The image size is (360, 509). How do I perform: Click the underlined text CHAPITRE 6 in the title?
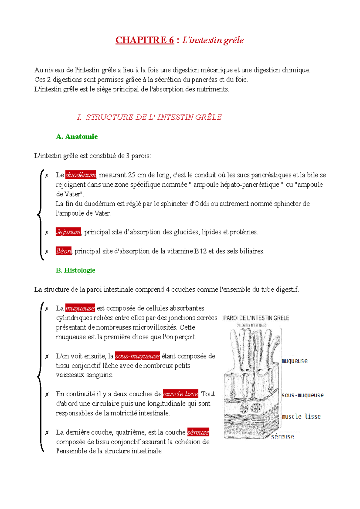pos(145,40)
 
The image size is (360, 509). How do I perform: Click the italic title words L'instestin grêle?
pos(213,40)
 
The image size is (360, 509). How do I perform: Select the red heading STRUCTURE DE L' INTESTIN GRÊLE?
pos(154,117)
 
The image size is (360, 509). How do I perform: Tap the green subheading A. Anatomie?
pos(77,137)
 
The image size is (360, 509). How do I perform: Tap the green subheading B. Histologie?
pos(75,270)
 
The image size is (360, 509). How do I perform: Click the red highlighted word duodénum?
pos(81,175)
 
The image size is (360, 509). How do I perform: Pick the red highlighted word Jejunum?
pos(68,232)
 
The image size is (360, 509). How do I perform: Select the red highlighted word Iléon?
pos(64,251)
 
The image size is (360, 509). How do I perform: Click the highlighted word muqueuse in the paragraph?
pos(80,308)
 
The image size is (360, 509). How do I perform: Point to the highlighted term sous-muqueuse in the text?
pos(137,356)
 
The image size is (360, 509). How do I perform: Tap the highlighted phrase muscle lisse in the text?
pos(181,394)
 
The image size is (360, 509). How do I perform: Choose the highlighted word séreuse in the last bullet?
pos(198,432)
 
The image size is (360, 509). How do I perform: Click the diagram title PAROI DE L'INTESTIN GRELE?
pos(256,318)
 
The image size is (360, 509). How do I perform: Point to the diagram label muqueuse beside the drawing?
pos(295,361)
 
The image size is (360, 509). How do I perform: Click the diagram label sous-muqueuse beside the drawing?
pos(303,395)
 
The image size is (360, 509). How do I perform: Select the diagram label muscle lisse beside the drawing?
pos(301,416)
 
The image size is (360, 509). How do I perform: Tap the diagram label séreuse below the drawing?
pos(282,437)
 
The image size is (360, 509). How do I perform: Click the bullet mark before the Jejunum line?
pos(46,233)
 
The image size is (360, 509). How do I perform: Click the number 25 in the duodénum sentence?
pos(131,175)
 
